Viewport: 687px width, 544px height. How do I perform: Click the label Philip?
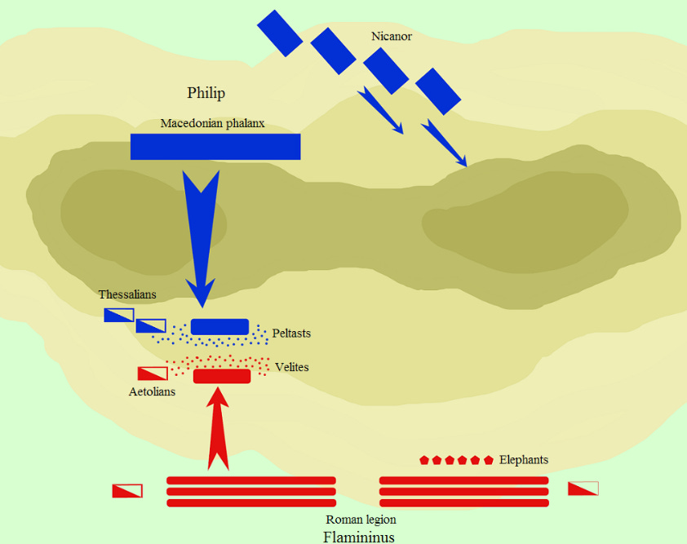(206, 93)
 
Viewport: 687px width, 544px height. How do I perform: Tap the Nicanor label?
(391, 36)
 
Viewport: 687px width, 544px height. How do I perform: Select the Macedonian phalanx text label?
(212, 124)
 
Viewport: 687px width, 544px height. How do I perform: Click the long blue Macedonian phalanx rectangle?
(215, 147)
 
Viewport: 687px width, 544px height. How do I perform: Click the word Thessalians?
(127, 294)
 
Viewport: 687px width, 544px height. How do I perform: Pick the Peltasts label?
(291, 334)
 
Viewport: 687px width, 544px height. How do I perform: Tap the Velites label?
(292, 367)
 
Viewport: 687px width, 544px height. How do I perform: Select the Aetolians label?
(152, 391)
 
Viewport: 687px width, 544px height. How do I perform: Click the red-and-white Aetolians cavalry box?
(153, 374)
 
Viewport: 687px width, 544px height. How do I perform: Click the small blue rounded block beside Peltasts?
(219, 327)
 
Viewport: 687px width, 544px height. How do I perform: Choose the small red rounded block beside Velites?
(222, 376)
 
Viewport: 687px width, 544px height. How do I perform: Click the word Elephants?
(523, 460)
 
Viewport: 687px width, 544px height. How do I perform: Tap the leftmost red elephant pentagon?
(424, 460)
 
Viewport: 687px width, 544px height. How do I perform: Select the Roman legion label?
(361, 520)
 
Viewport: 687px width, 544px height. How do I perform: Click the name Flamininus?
(359, 537)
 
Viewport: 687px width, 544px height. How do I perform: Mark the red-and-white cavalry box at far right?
(583, 489)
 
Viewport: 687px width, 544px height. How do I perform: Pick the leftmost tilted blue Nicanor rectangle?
(280, 33)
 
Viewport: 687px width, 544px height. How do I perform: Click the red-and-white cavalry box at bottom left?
(127, 491)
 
